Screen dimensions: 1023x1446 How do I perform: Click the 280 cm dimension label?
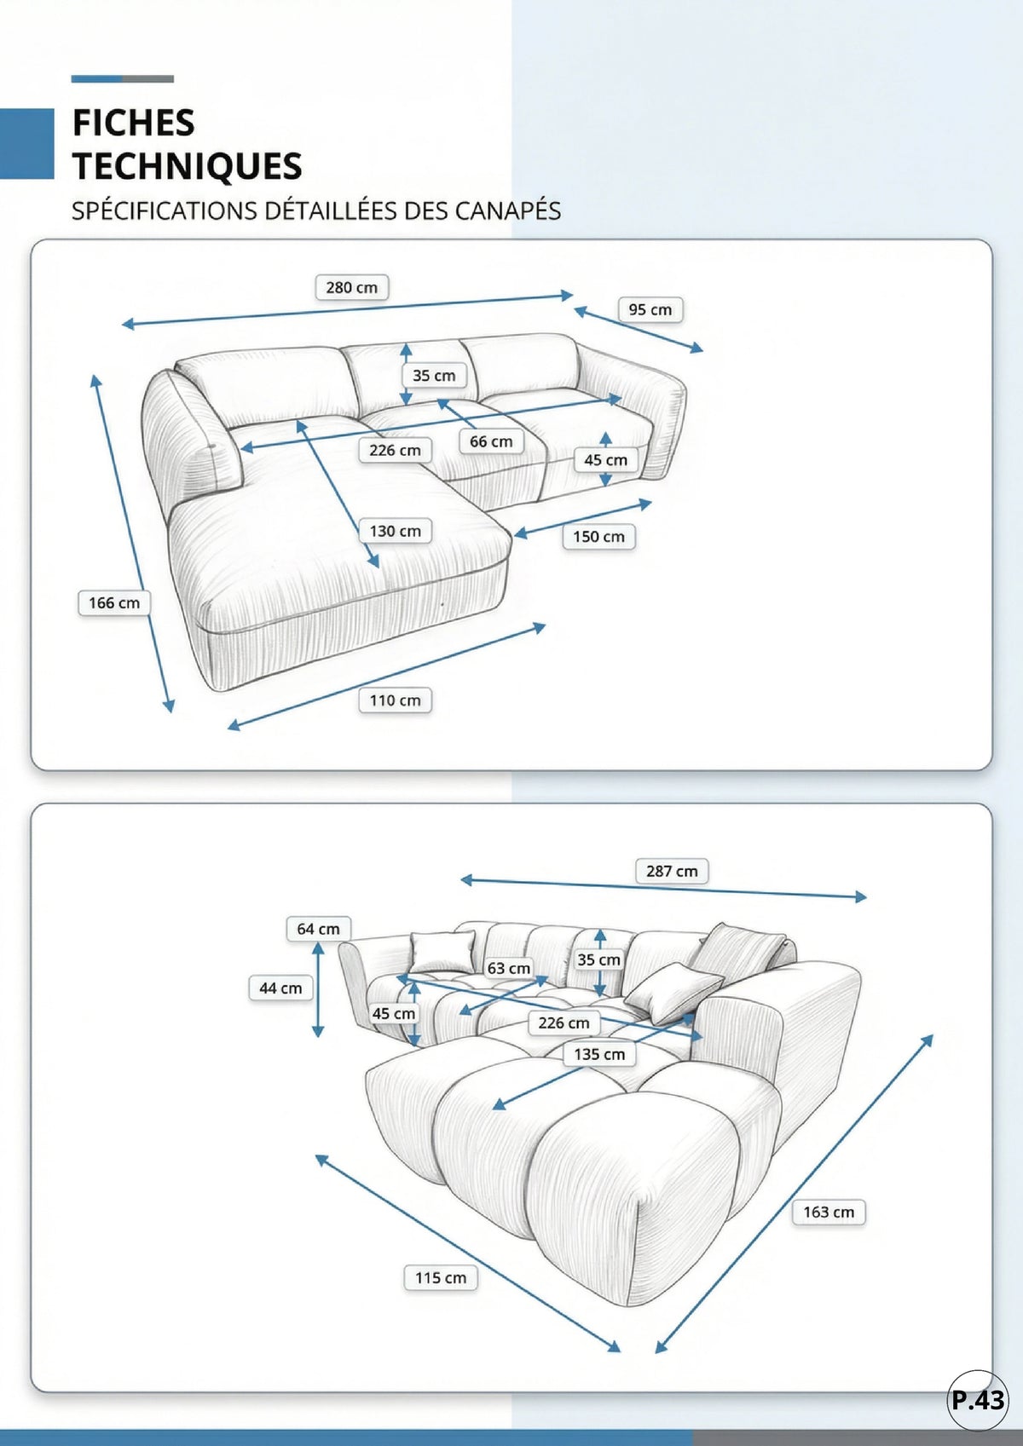click(351, 287)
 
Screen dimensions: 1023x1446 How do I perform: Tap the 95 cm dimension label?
click(650, 309)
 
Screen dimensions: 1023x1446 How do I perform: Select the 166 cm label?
click(113, 603)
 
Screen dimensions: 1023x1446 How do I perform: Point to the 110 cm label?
click(395, 700)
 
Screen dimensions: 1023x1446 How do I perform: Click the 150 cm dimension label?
click(598, 537)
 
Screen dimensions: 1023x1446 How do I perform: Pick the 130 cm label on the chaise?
click(395, 531)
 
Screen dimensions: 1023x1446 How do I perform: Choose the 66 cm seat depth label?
click(491, 441)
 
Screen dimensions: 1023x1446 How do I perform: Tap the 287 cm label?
click(672, 871)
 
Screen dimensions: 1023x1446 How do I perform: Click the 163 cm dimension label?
click(829, 1212)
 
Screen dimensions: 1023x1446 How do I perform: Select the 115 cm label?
click(441, 1277)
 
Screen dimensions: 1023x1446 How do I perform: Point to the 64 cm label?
click(318, 929)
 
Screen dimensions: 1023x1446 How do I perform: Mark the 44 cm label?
click(280, 988)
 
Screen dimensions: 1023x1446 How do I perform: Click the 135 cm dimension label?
click(599, 1054)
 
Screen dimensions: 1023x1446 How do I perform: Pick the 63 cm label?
click(508, 968)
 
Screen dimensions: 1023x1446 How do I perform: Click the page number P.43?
click(978, 1399)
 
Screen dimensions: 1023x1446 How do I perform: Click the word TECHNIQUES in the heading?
click(188, 166)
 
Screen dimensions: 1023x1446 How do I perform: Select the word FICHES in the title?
click(133, 123)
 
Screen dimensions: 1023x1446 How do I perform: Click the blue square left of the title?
click(27, 143)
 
